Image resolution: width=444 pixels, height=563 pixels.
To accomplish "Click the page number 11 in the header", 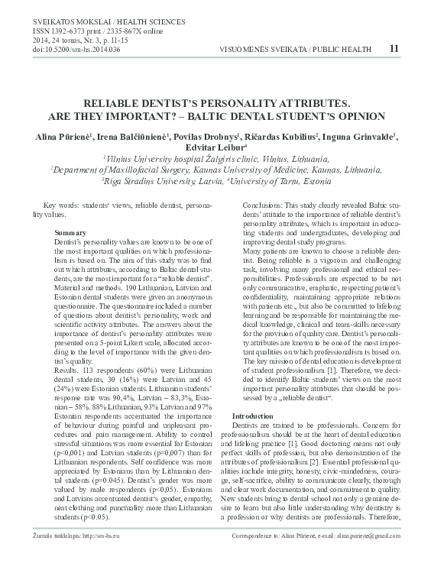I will click(394, 48).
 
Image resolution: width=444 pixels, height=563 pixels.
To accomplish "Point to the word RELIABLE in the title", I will click(125, 102).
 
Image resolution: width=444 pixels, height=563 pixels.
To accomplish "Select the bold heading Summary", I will click(71, 231).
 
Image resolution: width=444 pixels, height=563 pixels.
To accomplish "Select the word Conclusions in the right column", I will click(263, 207).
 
